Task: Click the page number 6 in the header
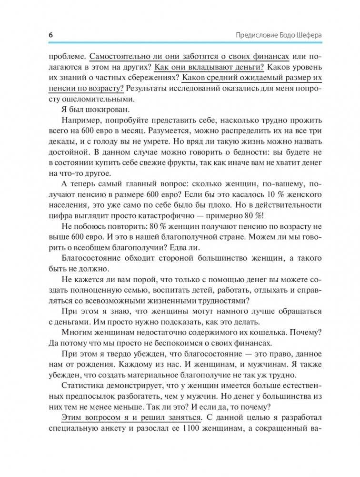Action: [51, 36]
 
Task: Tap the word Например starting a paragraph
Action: [80, 122]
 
